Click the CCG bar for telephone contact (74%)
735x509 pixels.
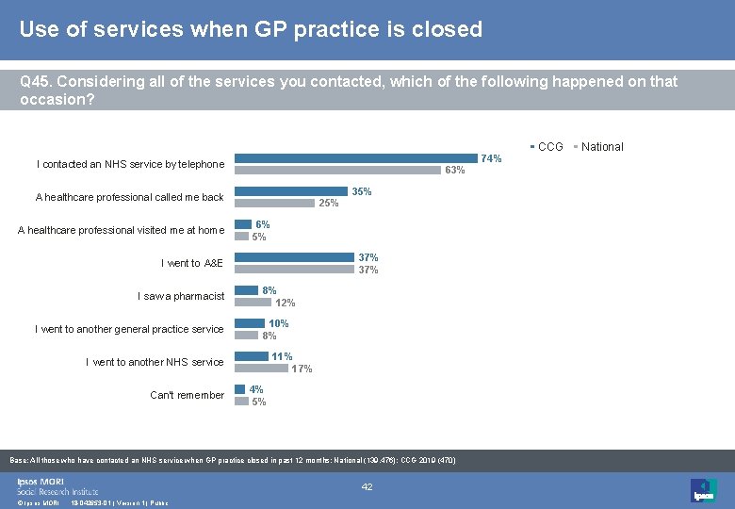click(x=356, y=158)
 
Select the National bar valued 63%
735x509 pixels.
click(x=337, y=171)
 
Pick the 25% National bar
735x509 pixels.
click(x=274, y=203)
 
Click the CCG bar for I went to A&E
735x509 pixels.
click(x=294, y=257)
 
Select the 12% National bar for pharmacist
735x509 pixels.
click(x=253, y=303)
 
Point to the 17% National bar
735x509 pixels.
click(x=261, y=369)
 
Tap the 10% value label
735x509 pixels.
click(x=279, y=323)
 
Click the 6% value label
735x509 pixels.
click(x=263, y=224)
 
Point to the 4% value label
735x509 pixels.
click(x=256, y=389)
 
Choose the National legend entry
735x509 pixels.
click(x=599, y=147)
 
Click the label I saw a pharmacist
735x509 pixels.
click(x=181, y=296)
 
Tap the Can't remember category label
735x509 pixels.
click(x=187, y=395)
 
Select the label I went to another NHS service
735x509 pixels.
click(x=155, y=362)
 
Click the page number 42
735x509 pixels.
click(x=367, y=487)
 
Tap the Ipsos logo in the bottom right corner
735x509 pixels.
click(x=703, y=489)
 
